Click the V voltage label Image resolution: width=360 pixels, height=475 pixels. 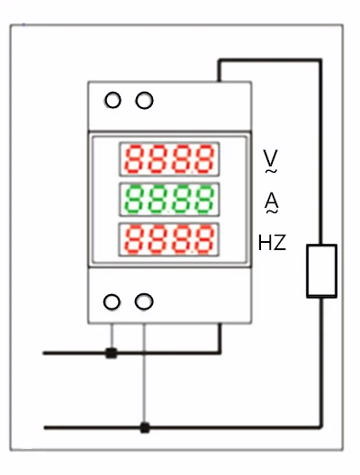coord(270,157)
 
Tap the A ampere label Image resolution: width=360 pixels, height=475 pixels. coord(272,200)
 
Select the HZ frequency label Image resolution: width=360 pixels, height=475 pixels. coord(272,242)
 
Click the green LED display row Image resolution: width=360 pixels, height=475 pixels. coord(169,200)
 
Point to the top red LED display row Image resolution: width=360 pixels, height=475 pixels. coord(169,159)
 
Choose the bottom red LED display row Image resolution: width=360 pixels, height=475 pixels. coord(169,239)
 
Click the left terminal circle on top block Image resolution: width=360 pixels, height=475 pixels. coord(112,100)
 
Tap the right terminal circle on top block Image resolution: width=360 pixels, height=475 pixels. coord(144,100)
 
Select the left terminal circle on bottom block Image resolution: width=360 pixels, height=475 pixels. coord(112,301)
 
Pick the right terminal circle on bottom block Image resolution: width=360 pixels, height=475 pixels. coord(144,301)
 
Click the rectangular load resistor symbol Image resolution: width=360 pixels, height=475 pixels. coord(321,271)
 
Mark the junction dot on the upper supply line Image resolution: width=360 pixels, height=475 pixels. coord(112,354)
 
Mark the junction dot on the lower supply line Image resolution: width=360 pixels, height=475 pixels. coord(145,427)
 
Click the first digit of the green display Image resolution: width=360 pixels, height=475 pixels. coord(136,200)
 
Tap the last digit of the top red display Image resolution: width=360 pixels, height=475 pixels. coord(204,159)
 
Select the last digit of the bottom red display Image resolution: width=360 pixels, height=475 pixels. coord(204,239)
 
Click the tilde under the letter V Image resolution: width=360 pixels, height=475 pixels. coord(271,171)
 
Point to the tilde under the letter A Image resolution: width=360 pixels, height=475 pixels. coord(272,211)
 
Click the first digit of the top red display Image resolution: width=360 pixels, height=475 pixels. coord(136,159)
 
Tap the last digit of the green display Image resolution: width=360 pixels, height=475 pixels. coord(204,200)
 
